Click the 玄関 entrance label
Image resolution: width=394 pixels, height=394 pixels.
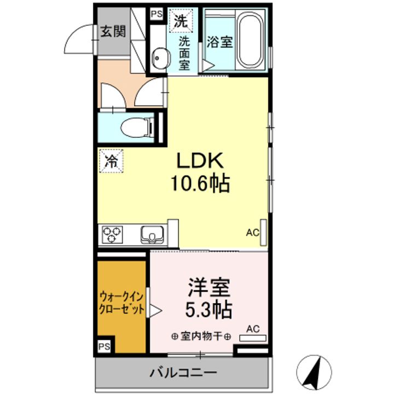(x=112, y=31)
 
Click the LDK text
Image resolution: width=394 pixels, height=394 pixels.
(x=199, y=161)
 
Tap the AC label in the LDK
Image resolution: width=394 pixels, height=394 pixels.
(x=252, y=233)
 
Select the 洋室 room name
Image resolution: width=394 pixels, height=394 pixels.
(x=210, y=287)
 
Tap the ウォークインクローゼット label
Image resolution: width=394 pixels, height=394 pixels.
(x=121, y=303)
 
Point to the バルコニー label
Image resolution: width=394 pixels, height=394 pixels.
(x=183, y=374)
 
